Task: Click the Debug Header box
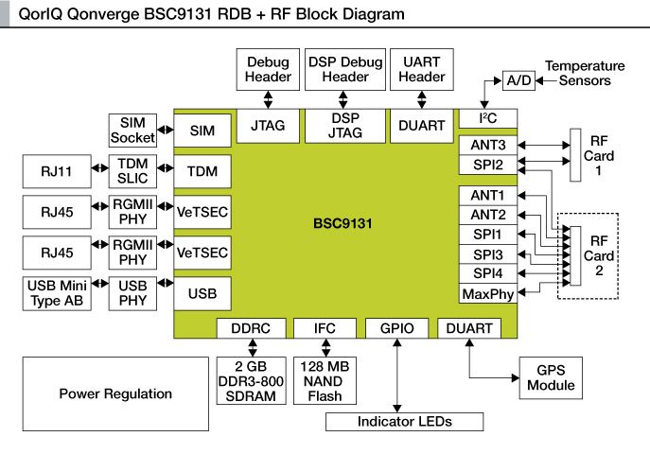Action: point(268,68)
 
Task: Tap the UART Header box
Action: point(421,68)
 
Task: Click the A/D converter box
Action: point(518,80)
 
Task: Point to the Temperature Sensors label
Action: point(585,74)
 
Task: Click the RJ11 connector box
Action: point(53,172)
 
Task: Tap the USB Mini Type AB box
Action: point(53,294)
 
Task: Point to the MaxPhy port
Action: point(486,294)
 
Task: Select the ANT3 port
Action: point(486,145)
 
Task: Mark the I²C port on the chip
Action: point(486,117)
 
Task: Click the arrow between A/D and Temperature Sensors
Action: point(539,80)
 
